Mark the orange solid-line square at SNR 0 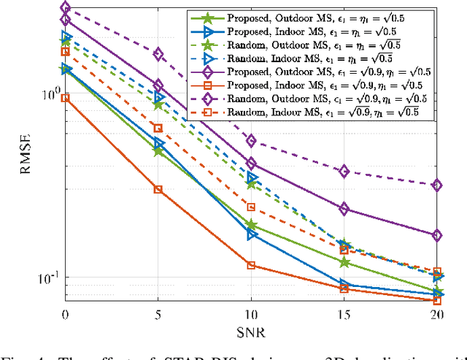click(x=66, y=98)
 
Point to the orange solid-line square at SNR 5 click(x=158, y=189)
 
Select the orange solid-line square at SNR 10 click(x=252, y=265)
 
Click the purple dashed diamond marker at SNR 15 click(x=344, y=172)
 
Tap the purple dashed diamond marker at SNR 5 click(x=158, y=54)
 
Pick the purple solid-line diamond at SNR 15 click(x=344, y=210)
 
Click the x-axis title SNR click(x=251, y=332)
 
